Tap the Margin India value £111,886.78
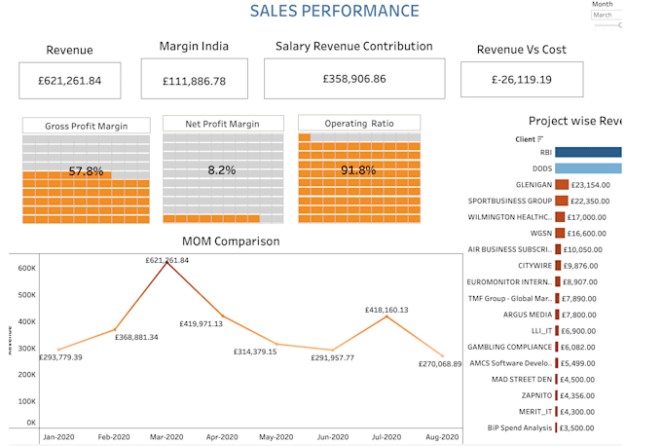[x=195, y=81]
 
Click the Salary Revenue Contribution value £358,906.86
[x=354, y=79]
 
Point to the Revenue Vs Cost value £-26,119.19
[x=522, y=80]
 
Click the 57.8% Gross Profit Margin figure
[x=86, y=171]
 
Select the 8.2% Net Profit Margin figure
[x=222, y=170]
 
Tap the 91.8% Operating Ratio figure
[x=358, y=170]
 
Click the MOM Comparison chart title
[x=231, y=242]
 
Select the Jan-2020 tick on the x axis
[x=60, y=437]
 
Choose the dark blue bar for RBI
[x=588, y=152]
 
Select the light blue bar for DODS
[x=588, y=168]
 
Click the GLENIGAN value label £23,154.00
[x=591, y=185]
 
